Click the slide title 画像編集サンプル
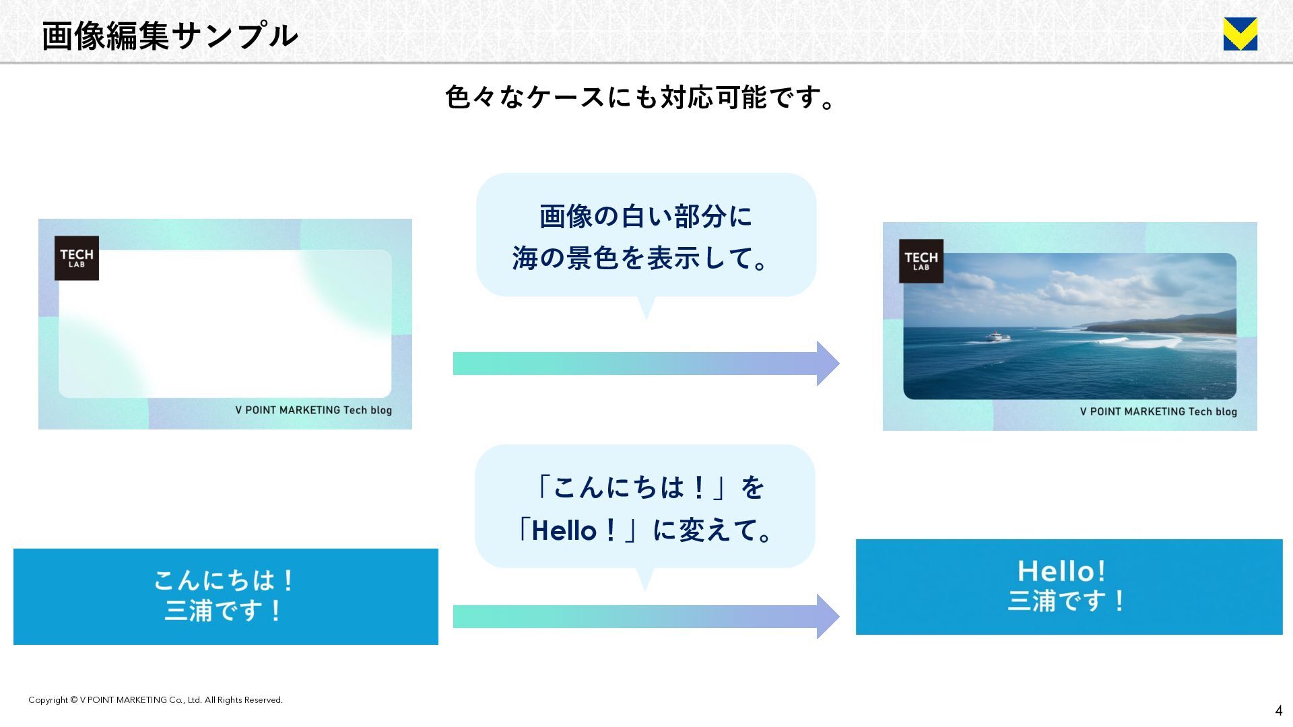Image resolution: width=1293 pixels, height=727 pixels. [169, 36]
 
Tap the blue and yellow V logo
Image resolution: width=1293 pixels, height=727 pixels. [1240, 34]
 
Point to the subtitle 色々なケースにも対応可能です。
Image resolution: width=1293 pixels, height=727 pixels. [640, 98]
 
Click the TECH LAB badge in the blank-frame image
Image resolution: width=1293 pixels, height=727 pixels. [77, 258]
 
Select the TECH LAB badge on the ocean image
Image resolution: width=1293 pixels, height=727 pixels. [921, 261]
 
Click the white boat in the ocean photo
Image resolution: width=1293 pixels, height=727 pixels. [993, 336]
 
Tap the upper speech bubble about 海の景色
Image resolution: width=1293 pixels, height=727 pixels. [645, 236]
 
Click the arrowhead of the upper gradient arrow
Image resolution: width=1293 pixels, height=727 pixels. [828, 363]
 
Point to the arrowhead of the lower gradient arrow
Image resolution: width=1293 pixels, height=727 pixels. [828, 616]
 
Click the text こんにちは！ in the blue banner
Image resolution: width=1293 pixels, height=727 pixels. [224, 580]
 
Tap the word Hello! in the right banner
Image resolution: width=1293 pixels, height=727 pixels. [1061, 571]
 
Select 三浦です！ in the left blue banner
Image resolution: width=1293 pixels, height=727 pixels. [224, 611]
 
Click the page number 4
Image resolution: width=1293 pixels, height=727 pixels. [1278, 711]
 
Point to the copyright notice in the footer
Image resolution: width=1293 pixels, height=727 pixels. [156, 700]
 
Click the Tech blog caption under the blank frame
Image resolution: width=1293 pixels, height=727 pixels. [313, 410]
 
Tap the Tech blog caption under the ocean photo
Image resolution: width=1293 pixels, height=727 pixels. [1158, 411]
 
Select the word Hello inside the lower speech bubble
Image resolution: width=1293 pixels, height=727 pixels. [564, 531]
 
